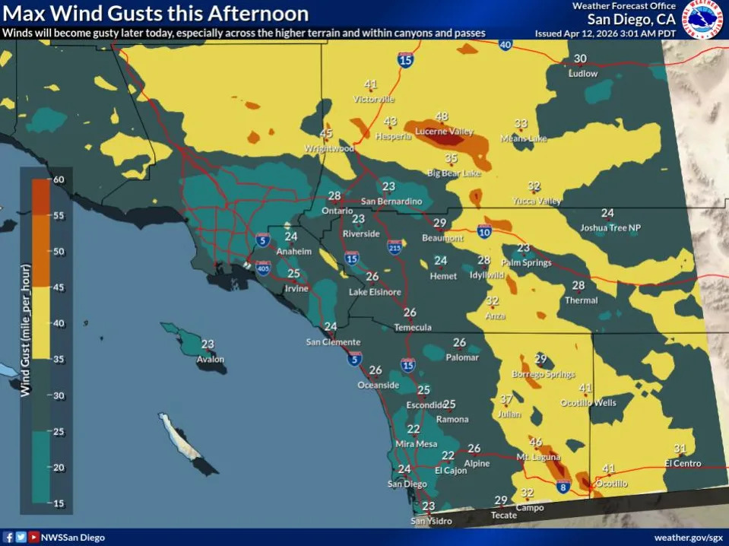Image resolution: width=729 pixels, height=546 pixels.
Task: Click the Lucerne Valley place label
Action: tap(444, 132)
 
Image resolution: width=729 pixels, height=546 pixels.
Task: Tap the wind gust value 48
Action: tap(442, 116)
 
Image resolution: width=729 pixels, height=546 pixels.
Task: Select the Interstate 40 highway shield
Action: tap(506, 45)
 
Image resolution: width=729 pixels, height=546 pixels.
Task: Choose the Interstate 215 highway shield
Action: tap(395, 247)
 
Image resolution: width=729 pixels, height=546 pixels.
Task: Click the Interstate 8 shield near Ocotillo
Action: tap(563, 488)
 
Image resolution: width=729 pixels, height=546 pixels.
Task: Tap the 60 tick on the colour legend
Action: tap(58, 179)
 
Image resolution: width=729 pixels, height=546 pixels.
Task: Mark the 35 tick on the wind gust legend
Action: tap(58, 360)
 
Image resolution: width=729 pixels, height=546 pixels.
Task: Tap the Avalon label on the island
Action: tap(211, 360)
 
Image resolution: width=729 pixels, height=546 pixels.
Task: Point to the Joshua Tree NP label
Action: tap(610, 227)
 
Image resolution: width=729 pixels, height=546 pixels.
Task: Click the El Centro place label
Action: tap(683, 463)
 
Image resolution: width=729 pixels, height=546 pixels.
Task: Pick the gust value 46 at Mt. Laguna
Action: tap(536, 442)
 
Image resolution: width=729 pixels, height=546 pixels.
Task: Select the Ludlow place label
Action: tap(583, 74)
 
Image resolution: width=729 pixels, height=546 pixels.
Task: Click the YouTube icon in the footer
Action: tap(33, 538)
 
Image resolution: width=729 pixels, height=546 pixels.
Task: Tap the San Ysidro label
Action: tap(431, 521)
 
